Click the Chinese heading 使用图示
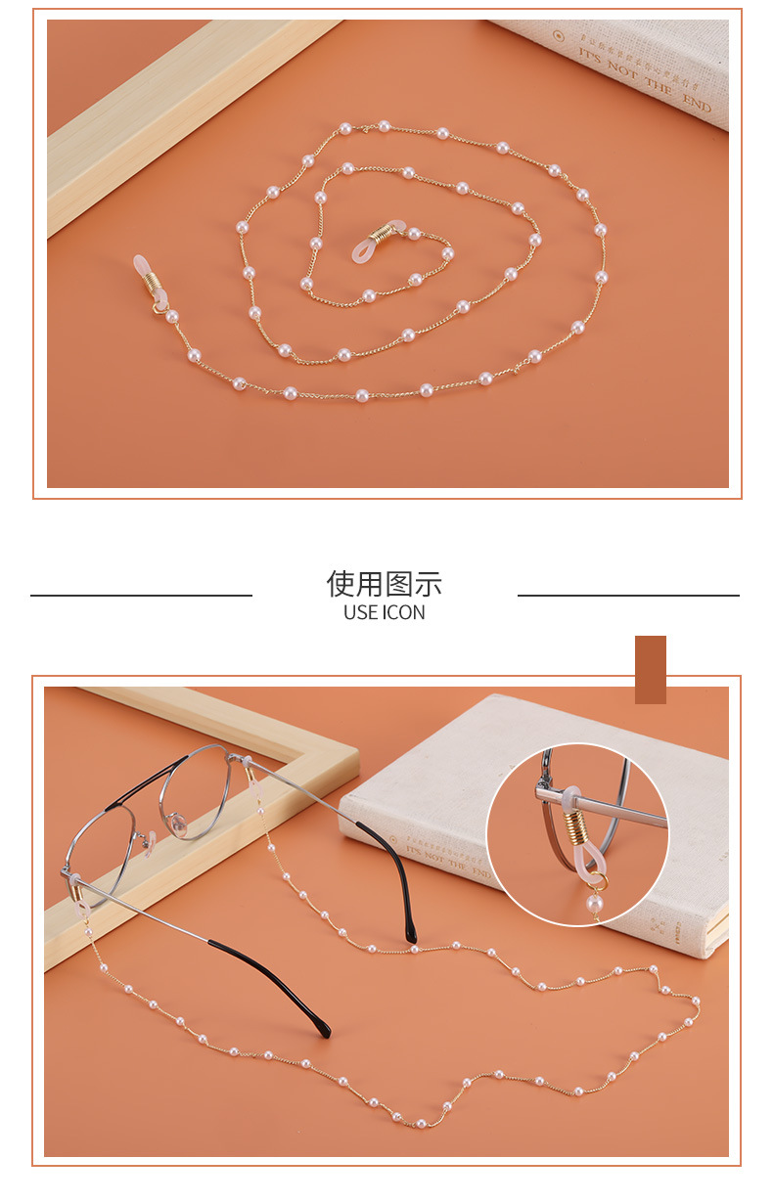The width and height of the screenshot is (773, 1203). (384, 584)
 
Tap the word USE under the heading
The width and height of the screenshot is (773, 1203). (361, 613)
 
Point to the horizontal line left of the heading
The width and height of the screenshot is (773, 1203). (141, 595)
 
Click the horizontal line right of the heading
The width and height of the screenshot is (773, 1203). (628, 595)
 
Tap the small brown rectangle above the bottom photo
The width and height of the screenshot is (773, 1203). (651, 669)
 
